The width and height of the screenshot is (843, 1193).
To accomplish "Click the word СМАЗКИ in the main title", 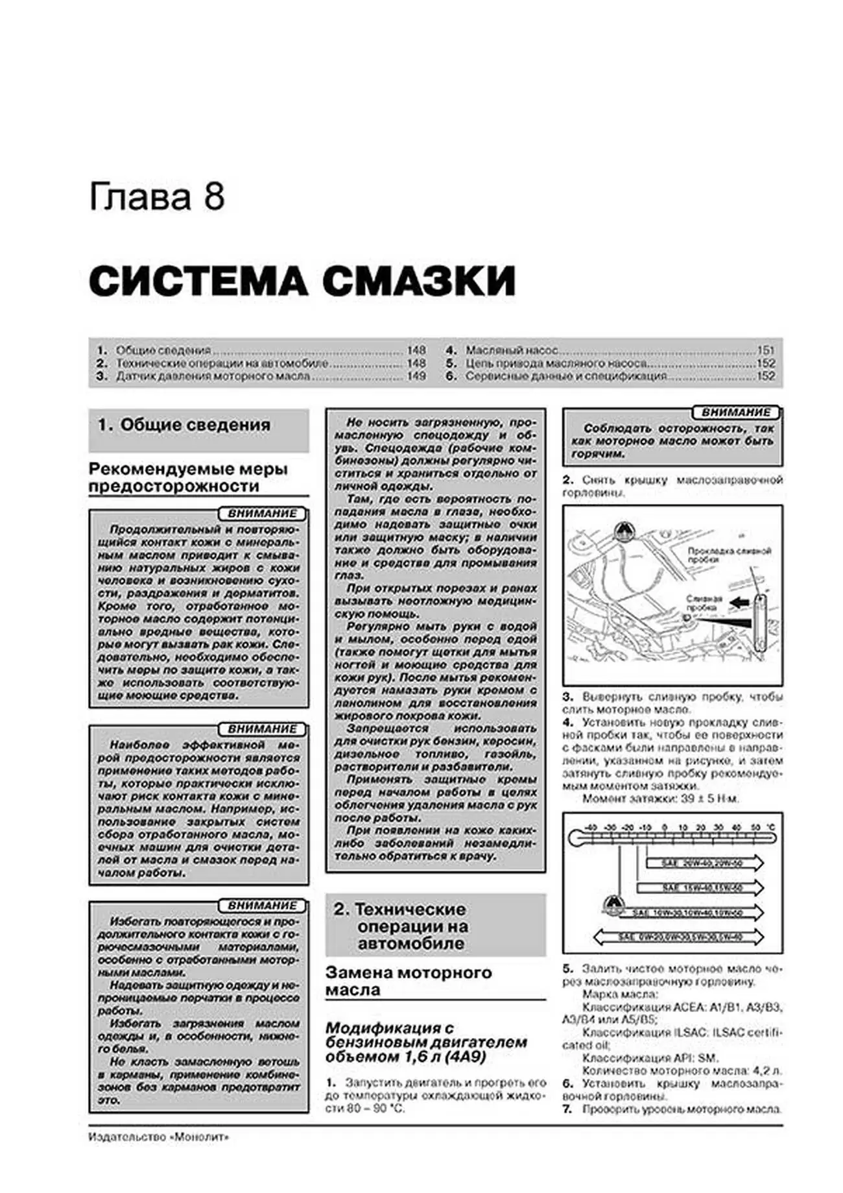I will (419, 281).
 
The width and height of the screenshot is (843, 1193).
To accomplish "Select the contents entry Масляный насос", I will (512, 350).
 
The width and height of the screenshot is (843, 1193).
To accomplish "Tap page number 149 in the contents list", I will (416, 376).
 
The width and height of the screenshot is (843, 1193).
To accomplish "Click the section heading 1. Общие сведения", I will (184, 425).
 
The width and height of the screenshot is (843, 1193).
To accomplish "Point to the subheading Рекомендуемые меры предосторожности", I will (188, 477).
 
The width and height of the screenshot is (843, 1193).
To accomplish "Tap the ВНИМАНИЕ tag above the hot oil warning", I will (736, 413).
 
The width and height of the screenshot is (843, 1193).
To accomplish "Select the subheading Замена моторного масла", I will (409, 981).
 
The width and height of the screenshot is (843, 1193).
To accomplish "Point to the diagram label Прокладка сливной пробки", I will (730, 555).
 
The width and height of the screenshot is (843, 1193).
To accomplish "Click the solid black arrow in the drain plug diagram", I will (739, 603).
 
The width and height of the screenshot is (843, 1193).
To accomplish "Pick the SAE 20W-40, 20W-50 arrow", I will (704, 863).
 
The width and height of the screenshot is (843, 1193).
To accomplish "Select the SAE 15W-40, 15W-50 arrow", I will (700, 887).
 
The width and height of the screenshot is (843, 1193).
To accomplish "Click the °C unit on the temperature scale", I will (770, 828).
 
